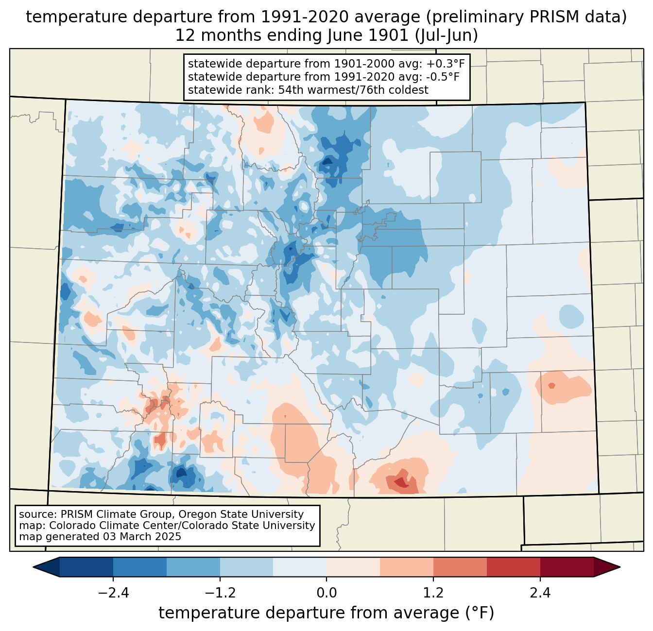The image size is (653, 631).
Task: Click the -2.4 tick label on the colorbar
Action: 113,593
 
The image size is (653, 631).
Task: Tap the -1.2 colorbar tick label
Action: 220,593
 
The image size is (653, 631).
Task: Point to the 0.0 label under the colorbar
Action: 326,593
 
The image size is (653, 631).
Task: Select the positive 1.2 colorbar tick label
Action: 433,593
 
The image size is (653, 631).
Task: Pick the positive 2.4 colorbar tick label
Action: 540,593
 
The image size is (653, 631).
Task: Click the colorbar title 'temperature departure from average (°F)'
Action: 326,613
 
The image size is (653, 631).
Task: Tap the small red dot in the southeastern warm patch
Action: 551,386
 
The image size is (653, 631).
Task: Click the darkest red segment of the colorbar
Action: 567,567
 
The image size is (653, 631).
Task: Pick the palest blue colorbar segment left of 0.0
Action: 300,567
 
